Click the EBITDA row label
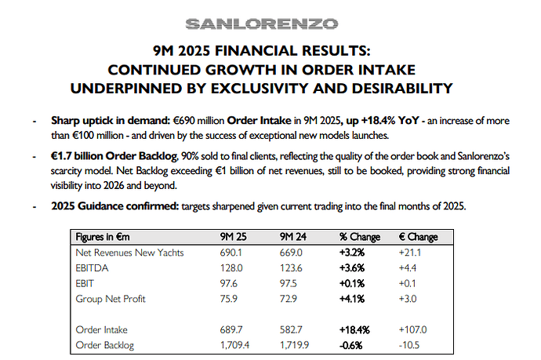point(93,268)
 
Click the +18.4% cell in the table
point(354,329)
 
